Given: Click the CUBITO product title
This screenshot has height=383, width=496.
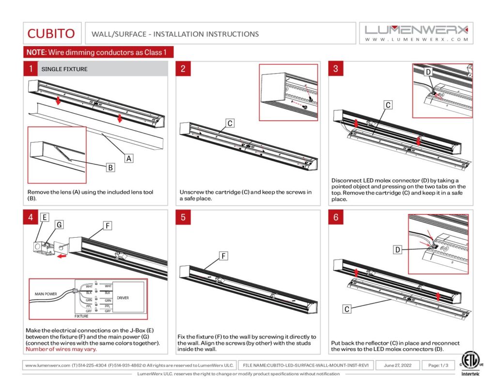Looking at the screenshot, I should point(51,33).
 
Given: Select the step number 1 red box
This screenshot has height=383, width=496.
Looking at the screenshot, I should point(31,69).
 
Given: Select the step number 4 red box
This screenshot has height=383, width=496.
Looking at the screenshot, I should point(31,217).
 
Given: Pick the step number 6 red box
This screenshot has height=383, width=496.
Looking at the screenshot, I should point(336,217).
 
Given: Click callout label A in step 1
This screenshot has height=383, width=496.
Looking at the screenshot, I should point(129,157).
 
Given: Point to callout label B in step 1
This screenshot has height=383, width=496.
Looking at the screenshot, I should point(110,168).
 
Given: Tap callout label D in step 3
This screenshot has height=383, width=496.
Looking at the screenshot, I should point(428,72).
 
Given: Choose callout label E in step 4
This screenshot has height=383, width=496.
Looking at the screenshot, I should point(44,217).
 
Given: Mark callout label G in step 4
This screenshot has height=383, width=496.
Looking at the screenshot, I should point(59,225).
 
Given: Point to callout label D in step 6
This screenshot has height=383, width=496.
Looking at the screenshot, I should point(397,250).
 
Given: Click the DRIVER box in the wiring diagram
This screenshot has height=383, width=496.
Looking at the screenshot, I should point(123,298).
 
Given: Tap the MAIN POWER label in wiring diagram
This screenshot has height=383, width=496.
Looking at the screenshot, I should point(46,294).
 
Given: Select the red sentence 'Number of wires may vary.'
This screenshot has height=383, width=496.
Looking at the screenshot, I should point(61,349).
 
